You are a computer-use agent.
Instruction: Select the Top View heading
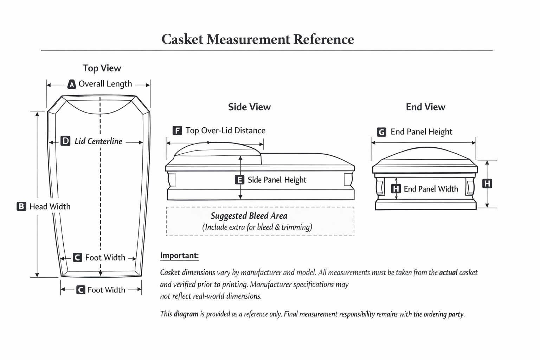click(102, 68)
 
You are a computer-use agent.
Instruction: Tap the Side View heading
click(249, 107)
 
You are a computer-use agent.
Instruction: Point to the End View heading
click(425, 107)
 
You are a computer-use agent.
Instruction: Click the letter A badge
click(72, 84)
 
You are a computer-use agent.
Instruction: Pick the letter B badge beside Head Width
click(21, 206)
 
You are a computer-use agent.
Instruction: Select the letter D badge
click(65, 141)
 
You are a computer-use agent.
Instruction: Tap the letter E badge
click(239, 180)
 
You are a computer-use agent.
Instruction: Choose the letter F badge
click(177, 131)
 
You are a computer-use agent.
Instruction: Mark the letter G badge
click(381, 132)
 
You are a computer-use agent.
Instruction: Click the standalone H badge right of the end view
click(487, 184)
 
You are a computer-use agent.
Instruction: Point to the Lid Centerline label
click(98, 141)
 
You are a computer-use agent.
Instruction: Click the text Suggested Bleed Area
click(249, 216)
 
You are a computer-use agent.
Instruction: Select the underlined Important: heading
click(179, 256)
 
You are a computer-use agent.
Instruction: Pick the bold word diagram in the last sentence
click(186, 314)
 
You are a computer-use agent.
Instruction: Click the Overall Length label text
click(105, 84)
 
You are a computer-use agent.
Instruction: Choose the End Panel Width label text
click(431, 189)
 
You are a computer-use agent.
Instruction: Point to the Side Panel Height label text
click(277, 180)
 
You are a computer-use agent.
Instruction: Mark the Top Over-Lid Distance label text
click(225, 131)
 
